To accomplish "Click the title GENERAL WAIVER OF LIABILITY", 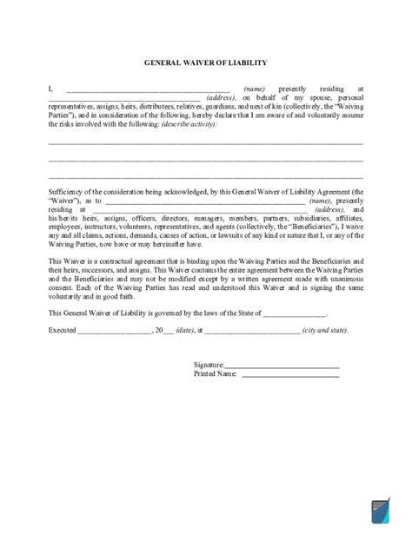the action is pos(205,63).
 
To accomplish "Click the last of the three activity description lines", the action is pos(205,176).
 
